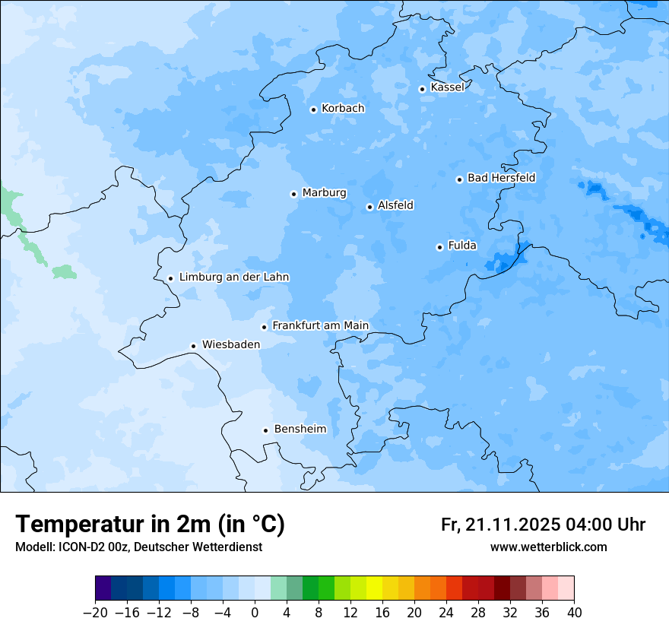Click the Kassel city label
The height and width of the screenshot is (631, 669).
(x=447, y=87)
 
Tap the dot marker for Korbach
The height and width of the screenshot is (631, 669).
(x=313, y=109)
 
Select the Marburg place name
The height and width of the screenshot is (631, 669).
(x=324, y=193)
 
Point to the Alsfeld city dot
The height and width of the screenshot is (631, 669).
(x=369, y=207)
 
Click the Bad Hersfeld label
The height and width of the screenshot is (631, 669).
(x=501, y=178)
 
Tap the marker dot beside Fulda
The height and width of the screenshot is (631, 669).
(x=439, y=247)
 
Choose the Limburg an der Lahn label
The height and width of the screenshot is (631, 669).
(x=233, y=277)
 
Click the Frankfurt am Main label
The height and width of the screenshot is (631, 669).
(x=320, y=326)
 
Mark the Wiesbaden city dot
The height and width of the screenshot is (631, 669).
(x=194, y=347)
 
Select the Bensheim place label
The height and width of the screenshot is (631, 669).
(x=300, y=430)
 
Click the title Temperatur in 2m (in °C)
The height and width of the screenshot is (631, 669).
(x=150, y=524)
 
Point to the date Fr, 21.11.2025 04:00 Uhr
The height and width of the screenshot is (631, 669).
(x=543, y=525)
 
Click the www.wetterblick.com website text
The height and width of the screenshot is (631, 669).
(x=548, y=547)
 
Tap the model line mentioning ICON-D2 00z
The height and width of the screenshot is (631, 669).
(x=138, y=547)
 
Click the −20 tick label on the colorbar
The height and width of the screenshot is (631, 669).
(x=95, y=613)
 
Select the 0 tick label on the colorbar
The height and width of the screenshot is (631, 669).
(x=255, y=613)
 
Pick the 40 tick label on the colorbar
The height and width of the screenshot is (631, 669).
(x=574, y=613)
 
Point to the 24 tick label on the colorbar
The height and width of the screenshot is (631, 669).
(x=446, y=613)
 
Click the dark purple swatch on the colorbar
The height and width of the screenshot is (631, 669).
(x=103, y=588)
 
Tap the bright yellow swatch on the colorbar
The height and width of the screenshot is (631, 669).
(x=374, y=588)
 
